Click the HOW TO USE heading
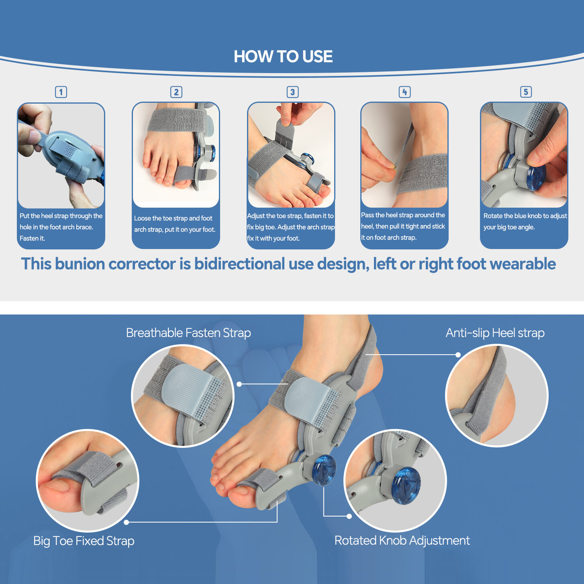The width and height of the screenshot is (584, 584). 283,57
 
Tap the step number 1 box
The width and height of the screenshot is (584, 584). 61,92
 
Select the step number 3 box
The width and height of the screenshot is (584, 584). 292,92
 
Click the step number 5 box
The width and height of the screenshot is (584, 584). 526,92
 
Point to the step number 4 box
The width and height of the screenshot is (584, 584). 404,92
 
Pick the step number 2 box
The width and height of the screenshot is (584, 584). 176,92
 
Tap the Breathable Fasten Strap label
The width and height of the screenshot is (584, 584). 188,333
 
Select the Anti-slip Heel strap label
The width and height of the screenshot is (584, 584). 495,333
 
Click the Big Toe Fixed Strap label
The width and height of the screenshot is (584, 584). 84,541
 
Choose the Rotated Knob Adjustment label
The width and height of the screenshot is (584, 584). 402,541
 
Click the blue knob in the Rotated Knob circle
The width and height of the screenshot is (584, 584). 406,485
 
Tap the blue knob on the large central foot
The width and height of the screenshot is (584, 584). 324,469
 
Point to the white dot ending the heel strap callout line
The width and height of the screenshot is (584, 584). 458,355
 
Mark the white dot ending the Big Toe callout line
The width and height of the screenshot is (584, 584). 127,522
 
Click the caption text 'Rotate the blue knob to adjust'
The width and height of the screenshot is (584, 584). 525,216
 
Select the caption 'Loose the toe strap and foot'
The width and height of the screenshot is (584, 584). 173,218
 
